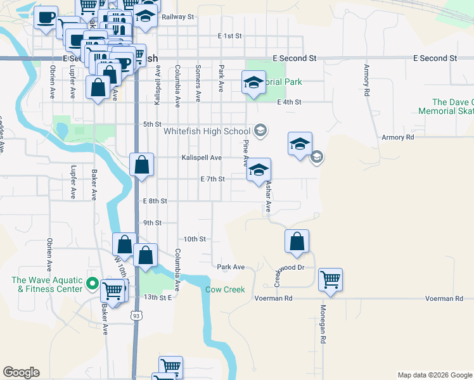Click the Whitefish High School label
coord(207,132)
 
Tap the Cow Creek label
coord(224,290)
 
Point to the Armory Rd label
coord(397,137)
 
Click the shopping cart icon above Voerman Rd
coord(331,279)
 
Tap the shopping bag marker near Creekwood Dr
coord(297,241)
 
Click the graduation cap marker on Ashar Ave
coord(259,170)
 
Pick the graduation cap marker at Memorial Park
coord(253,82)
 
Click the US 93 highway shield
coord(136,315)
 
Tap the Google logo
coord(21,372)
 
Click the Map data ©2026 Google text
coord(434,375)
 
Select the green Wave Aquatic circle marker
coord(92,284)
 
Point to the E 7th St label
coord(212,179)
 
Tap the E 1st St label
coord(229,37)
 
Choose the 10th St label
coord(195,239)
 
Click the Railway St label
coord(177,17)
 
